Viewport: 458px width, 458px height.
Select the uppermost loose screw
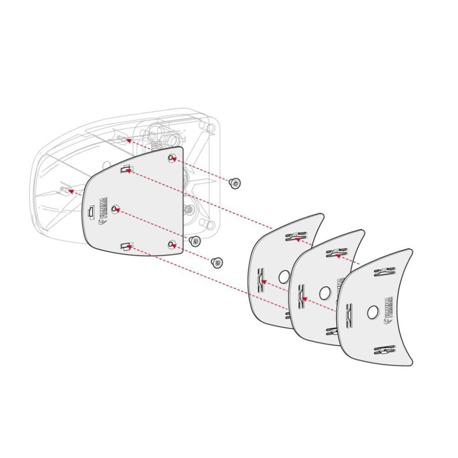(235, 183)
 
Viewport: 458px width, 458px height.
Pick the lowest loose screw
(217, 262)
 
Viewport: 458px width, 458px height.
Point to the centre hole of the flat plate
(114, 210)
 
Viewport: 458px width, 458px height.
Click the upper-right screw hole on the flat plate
(171, 158)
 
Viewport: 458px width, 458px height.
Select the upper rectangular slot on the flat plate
(125, 170)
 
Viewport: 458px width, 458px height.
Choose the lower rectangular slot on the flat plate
(125, 247)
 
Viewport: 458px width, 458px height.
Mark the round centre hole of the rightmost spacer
(372, 312)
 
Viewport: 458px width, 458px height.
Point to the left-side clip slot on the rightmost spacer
(347, 311)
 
